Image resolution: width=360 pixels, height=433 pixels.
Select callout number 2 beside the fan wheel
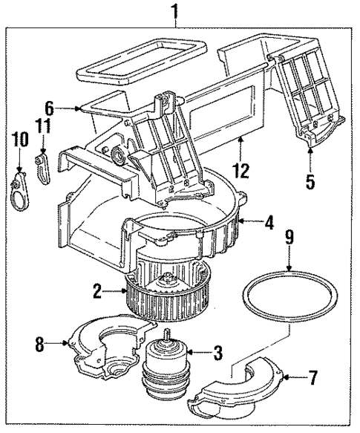pos(97,292)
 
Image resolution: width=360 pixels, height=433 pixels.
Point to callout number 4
pos(270,221)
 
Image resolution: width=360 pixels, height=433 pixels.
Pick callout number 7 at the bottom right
pos(312,380)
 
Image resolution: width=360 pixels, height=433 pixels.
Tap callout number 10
pos(16,139)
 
